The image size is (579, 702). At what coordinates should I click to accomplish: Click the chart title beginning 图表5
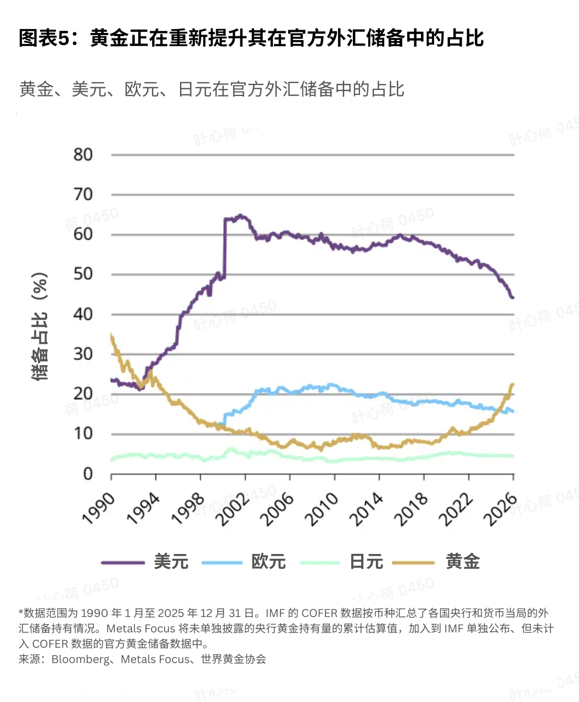tap(251, 38)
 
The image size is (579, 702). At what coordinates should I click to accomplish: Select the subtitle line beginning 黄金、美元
tap(211, 89)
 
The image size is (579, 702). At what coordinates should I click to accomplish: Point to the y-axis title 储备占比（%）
tap(40, 326)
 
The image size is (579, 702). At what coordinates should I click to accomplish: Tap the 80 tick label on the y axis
tap(83, 155)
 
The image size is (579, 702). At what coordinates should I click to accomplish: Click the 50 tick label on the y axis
tap(83, 274)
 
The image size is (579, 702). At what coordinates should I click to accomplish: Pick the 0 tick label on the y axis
tap(88, 474)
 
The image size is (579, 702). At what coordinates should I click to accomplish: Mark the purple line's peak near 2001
tap(240, 216)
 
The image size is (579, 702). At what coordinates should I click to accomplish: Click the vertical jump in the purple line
tap(224, 247)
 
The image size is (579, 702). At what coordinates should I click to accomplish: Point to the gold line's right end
tap(513, 384)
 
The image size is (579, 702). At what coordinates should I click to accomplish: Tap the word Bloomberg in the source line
tap(81, 659)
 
